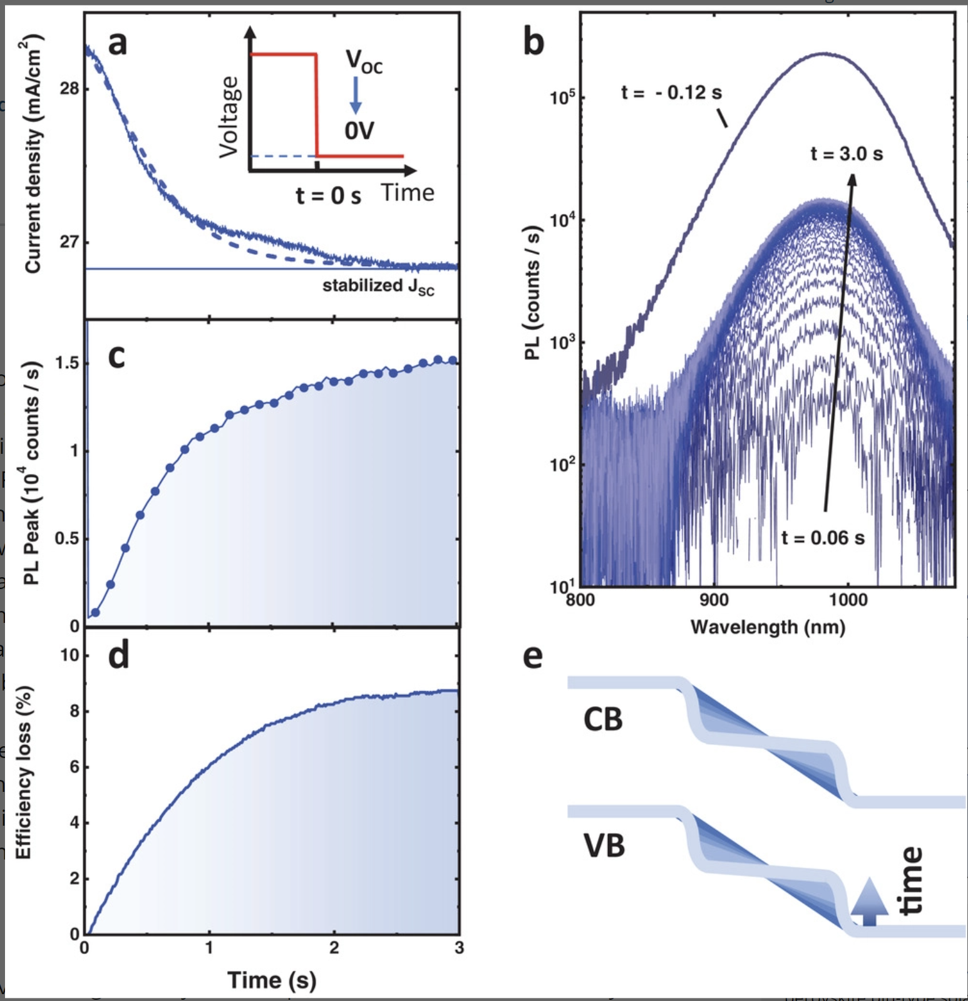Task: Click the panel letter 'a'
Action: point(118,44)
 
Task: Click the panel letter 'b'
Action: point(533,43)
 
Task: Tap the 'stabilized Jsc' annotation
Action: point(378,287)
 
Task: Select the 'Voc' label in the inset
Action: point(364,62)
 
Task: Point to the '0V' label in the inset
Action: point(359,131)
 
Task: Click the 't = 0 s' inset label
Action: point(328,196)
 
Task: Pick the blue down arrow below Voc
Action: point(355,95)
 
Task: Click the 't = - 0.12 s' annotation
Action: point(671,93)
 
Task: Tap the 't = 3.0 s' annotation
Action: point(847,154)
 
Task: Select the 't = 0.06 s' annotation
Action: point(823,538)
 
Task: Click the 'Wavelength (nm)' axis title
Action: point(768,627)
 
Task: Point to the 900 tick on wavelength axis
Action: point(714,600)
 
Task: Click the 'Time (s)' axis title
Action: point(272,980)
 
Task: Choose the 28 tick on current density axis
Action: point(70,89)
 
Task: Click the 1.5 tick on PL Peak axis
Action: point(67,363)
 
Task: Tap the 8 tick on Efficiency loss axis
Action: point(75,711)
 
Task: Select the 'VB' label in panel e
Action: point(604,846)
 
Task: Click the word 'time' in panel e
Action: point(912,880)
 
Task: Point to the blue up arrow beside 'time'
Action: point(870,901)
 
